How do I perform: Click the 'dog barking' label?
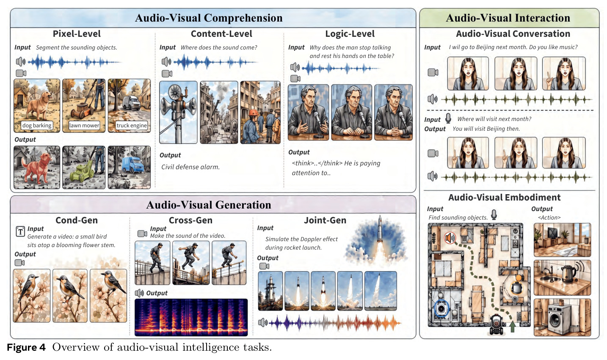[x=37, y=125]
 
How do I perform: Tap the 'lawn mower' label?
[x=84, y=125]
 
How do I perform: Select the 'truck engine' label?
[x=131, y=125]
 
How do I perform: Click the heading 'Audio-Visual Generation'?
[x=209, y=205]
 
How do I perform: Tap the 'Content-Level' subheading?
[x=221, y=33]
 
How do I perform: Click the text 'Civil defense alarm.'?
[x=190, y=167]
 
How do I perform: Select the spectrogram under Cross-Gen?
[x=191, y=317]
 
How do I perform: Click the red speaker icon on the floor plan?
[x=450, y=238]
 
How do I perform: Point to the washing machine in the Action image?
[x=559, y=319]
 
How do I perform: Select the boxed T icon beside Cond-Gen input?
[x=20, y=231]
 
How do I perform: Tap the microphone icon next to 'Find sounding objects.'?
[x=494, y=214]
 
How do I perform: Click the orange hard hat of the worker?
[x=254, y=113]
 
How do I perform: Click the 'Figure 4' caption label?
[x=26, y=347]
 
